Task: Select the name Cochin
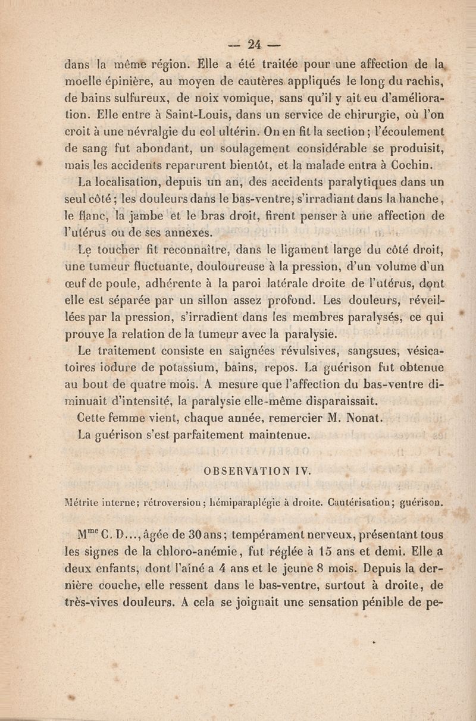click(x=423, y=164)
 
